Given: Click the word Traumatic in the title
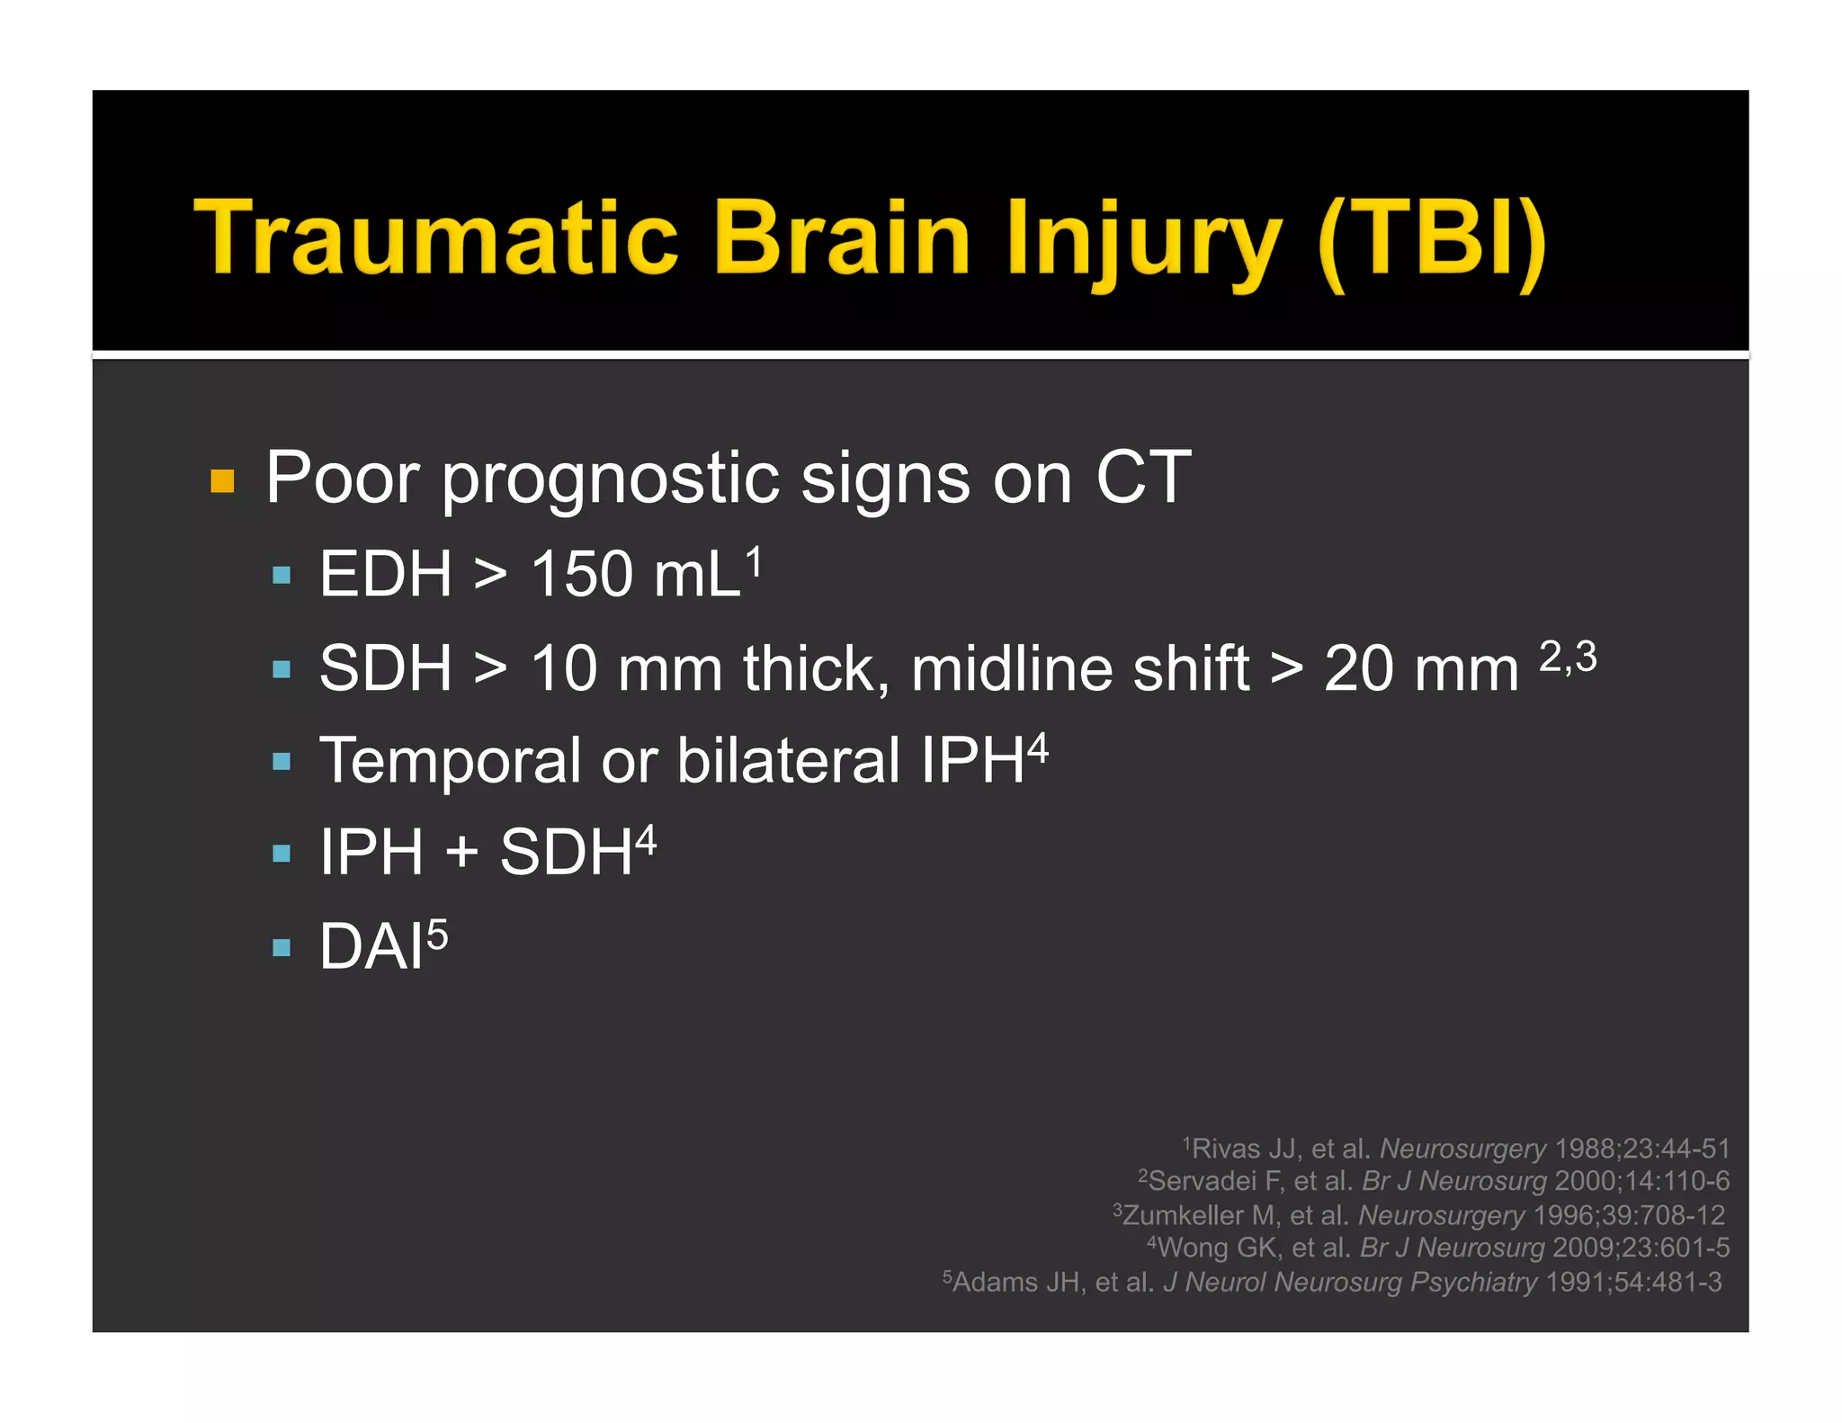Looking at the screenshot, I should coord(435,237).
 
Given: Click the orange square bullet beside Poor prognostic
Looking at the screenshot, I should coord(222,481).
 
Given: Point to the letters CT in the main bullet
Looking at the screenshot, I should coord(1142,478).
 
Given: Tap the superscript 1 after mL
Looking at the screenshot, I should coord(753,561).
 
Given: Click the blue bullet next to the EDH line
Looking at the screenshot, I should coord(282,576).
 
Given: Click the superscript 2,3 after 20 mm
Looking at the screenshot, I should coord(1568,656).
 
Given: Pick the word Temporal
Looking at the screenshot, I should coord(451,761).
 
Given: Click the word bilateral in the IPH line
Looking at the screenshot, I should coord(788,761).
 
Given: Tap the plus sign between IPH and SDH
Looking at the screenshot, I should coord(461,852).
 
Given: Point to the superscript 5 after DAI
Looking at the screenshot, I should coord(436,935).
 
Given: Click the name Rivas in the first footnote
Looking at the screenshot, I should coord(1225,1149).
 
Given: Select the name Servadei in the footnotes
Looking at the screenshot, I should coord(1202,1181).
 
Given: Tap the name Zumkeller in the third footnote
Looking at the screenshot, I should coord(1183,1215).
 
